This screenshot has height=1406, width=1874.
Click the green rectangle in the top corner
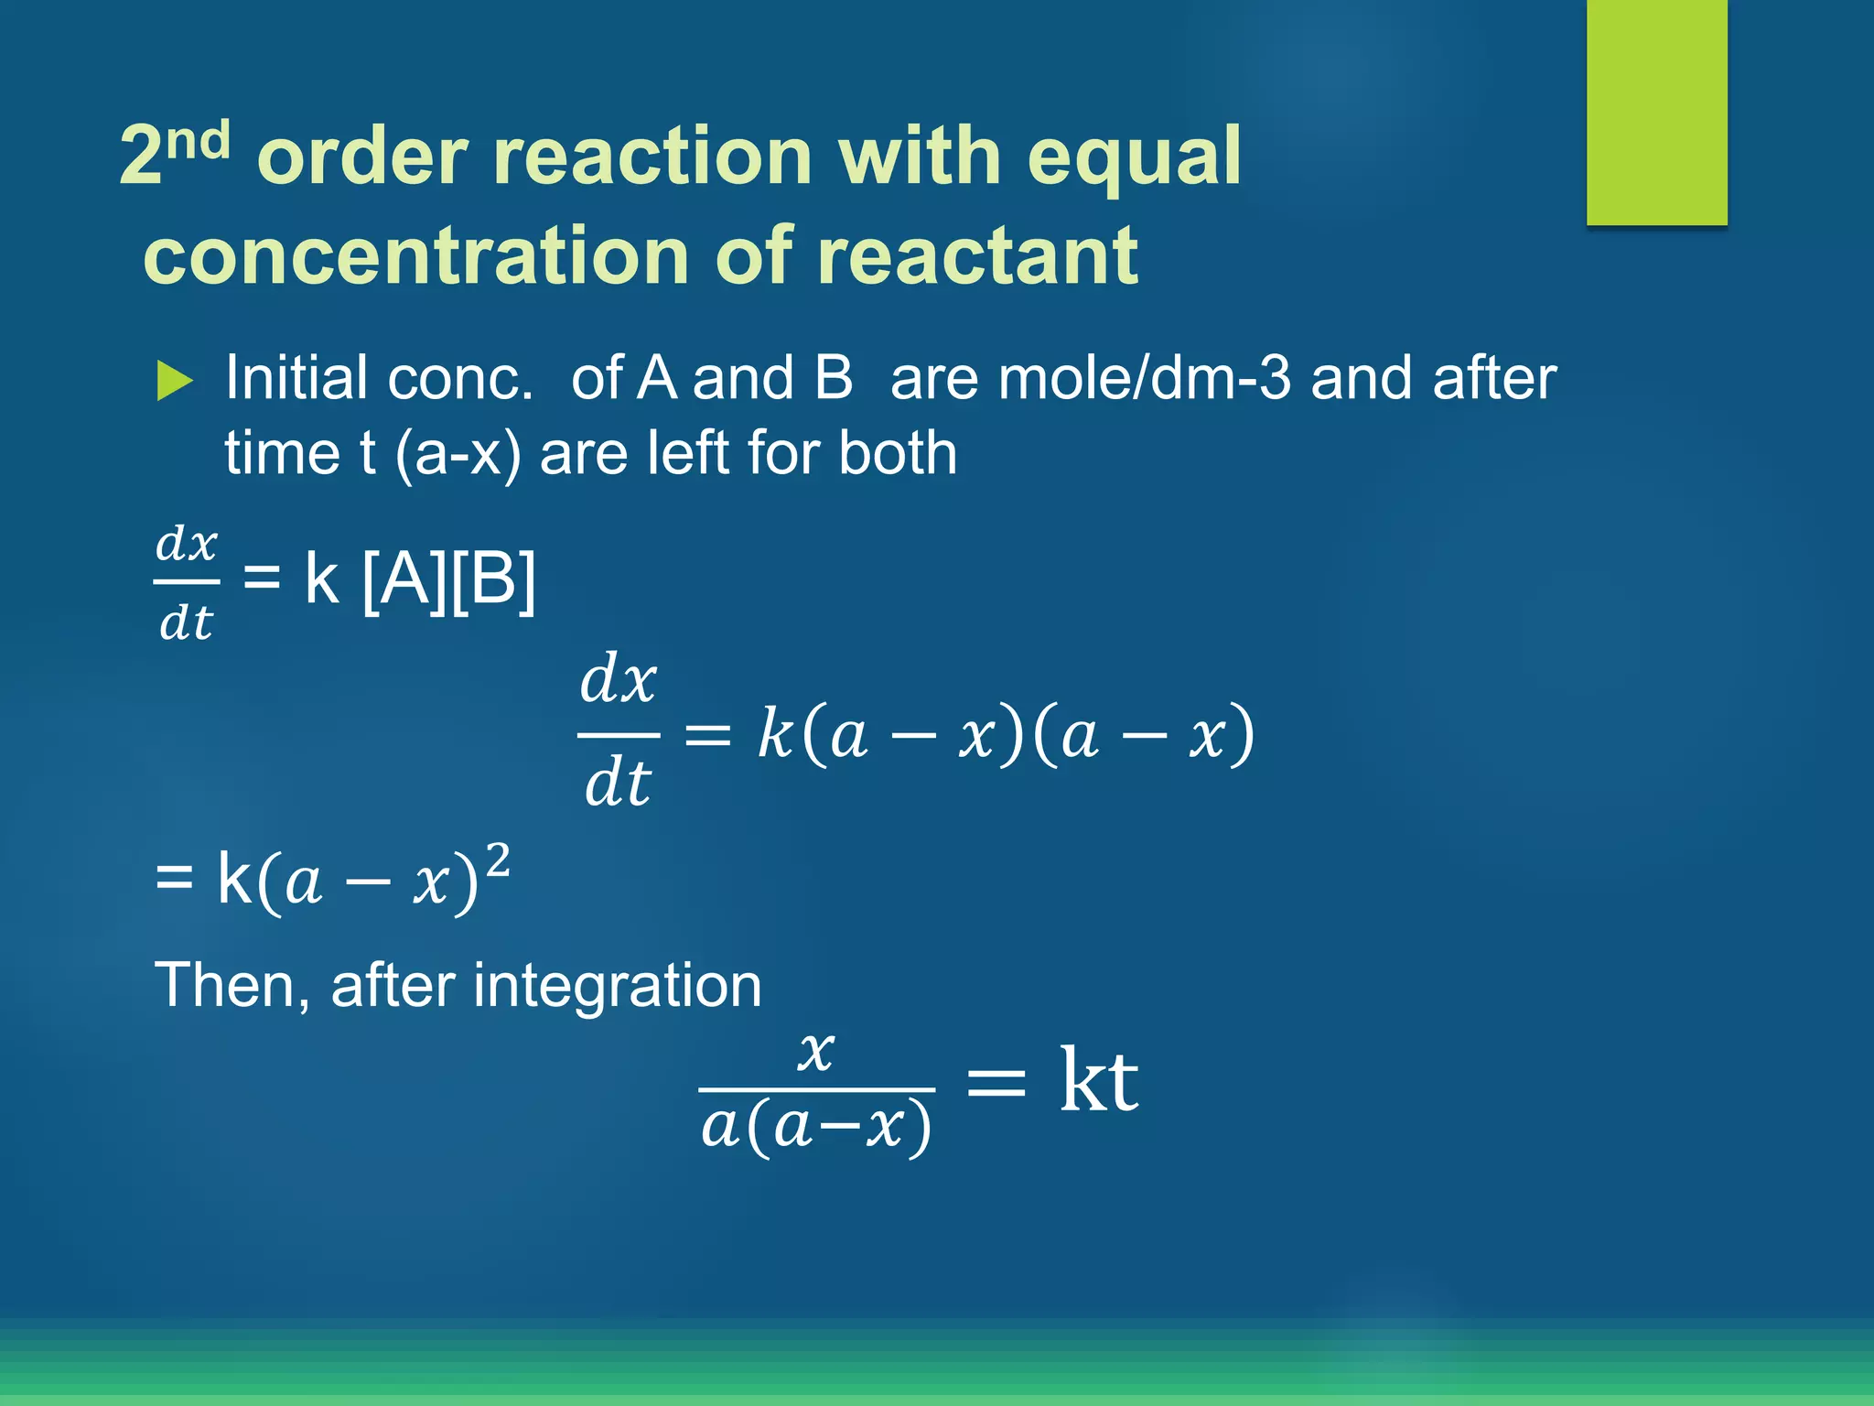(x=1656, y=112)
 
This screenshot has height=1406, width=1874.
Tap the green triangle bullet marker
(x=174, y=380)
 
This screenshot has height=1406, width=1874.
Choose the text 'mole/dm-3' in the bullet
(x=1146, y=377)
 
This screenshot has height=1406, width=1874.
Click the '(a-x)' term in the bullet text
(x=458, y=454)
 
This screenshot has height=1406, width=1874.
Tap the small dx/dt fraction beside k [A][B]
(x=186, y=582)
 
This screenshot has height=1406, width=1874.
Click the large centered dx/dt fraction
(x=619, y=732)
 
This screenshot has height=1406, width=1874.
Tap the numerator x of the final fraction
(x=815, y=1052)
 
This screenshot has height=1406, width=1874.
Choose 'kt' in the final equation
(x=1098, y=1081)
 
